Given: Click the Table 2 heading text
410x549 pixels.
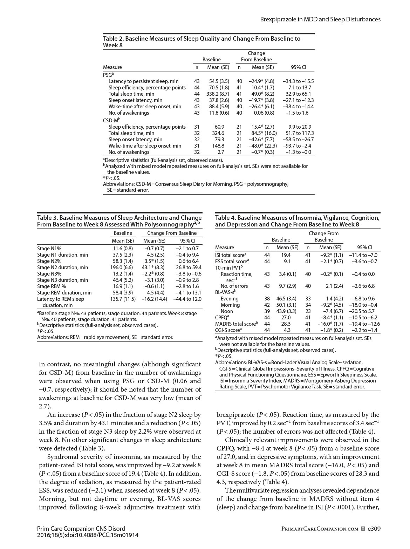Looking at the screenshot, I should (x=201, y=42).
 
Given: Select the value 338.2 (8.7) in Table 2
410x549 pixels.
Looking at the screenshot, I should (x=218, y=94).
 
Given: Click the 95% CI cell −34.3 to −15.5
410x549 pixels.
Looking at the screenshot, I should (x=298, y=81).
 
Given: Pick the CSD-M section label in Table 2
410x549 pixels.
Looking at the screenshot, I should (x=110, y=120).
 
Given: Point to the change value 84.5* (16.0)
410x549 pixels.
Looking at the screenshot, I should (x=264, y=133).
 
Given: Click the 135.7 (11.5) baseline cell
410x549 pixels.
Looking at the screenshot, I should (x=121, y=299).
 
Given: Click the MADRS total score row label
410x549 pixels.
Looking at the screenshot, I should (x=236, y=324).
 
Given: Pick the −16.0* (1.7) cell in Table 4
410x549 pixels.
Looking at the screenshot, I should (x=331, y=324).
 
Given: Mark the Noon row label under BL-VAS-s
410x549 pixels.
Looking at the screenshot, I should (x=227, y=311).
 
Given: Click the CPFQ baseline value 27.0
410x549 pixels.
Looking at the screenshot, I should (x=286, y=318).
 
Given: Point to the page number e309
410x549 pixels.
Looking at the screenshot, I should (x=374, y=529).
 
